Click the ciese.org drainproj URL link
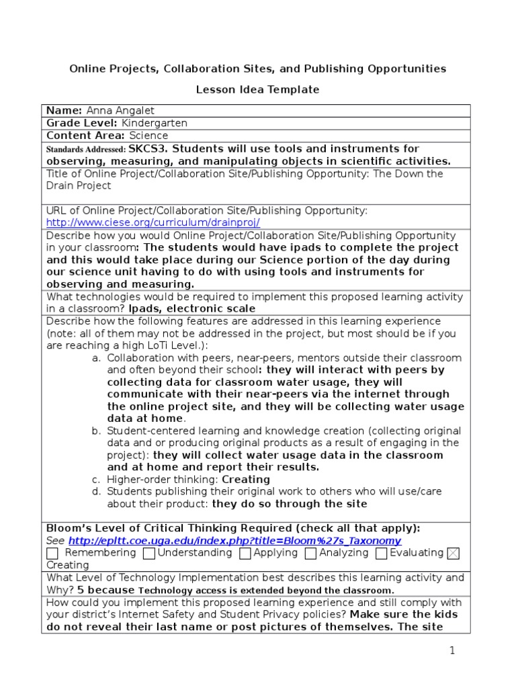tap(153, 222)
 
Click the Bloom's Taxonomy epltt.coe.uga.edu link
tap(234, 541)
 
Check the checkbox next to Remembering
tap(52, 554)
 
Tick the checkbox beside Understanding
tap(150, 554)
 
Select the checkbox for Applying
tap(245, 554)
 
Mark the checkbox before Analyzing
tap(310, 554)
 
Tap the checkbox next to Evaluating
tap(382, 554)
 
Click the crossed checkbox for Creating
tap(454, 554)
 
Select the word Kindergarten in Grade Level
tap(155, 124)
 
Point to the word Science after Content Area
tap(148, 136)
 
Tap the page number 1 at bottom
tap(452, 650)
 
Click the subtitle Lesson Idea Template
tap(257, 89)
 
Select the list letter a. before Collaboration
tap(96, 358)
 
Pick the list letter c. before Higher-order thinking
tap(96, 480)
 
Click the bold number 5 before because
tap(81, 590)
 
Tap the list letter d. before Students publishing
tap(96, 492)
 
